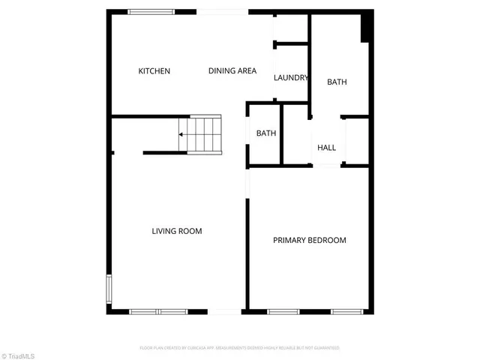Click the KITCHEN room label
(154, 71)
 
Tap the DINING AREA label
(232, 71)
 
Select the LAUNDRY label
(291, 78)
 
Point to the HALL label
(326, 148)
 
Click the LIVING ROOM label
(177, 231)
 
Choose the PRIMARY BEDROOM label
(309, 241)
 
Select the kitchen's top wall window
(151, 11)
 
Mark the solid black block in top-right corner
(366, 26)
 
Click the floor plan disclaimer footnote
(239, 348)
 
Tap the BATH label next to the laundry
(337, 82)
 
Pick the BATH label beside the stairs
(266, 133)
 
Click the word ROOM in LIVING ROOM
(190, 231)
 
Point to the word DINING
(221, 71)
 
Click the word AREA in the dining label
(247, 71)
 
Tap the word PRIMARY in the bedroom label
(287, 241)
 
